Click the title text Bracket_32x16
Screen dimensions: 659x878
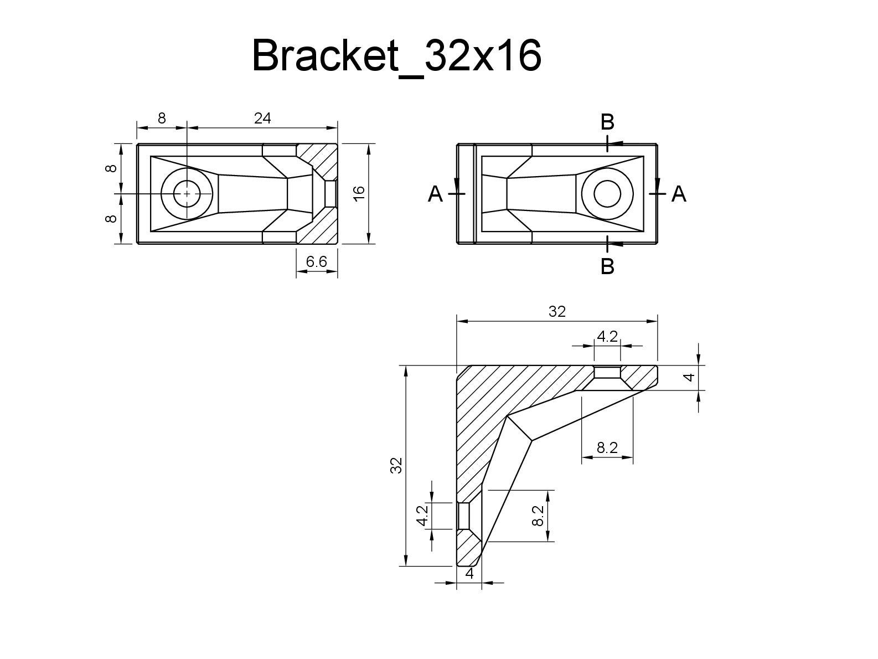(x=396, y=56)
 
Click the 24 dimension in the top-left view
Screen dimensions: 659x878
(x=262, y=118)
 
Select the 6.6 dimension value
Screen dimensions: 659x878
(x=317, y=262)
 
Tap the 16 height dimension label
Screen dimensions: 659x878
(x=359, y=193)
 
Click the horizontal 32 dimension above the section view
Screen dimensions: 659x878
(x=557, y=312)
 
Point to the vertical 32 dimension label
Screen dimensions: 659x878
(x=396, y=465)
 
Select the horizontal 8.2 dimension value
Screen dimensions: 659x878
(x=607, y=447)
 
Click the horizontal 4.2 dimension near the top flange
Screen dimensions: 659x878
(x=607, y=337)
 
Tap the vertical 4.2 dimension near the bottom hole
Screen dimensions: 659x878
(x=422, y=516)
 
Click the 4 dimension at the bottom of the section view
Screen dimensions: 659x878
(x=469, y=574)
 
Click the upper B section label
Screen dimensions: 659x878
(x=607, y=122)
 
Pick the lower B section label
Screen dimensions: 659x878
(x=607, y=267)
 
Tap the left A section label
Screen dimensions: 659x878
(x=436, y=194)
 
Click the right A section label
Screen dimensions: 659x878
(x=679, y=194)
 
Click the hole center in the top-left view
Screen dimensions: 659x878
(x=187, y=193)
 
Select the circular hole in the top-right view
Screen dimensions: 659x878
(x=607, y=194)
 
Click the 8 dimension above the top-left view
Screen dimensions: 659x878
(x=162, y=118)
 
